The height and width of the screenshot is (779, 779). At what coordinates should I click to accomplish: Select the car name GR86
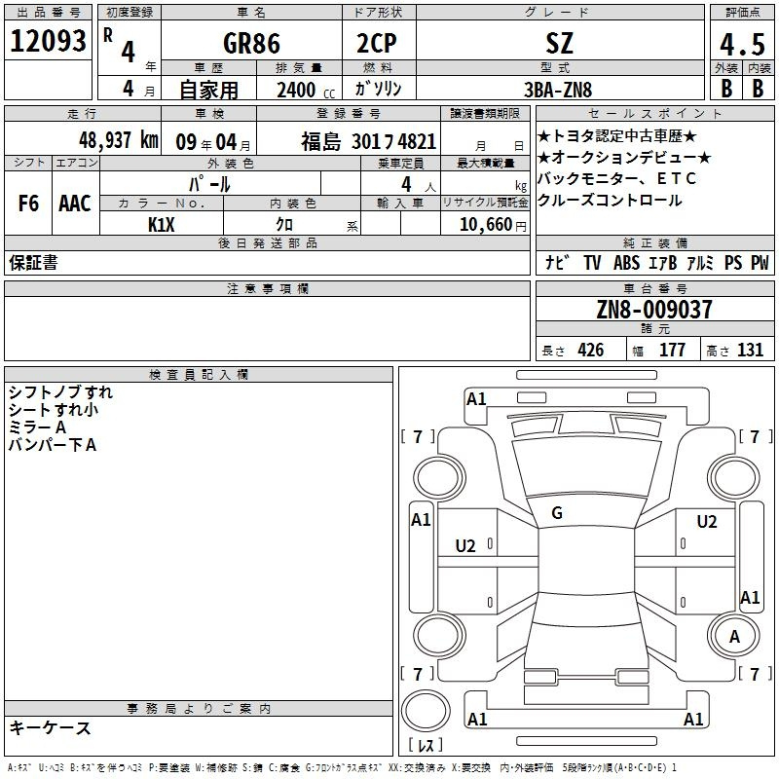pos(250,43)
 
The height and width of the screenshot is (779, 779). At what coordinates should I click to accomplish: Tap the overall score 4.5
pos(740,45)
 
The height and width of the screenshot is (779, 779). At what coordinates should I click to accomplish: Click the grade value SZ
pos(560,43)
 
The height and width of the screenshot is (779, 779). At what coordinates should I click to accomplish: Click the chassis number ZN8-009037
pos(653,310)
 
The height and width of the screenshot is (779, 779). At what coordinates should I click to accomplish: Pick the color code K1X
pos(162,223)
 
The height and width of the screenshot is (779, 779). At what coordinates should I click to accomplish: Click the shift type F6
pos(29,204)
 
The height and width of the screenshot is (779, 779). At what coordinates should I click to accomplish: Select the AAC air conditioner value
pos(74,204)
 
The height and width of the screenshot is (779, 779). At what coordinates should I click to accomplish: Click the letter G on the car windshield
pos(557,513)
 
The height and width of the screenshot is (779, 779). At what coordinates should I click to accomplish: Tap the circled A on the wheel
pos(735,636)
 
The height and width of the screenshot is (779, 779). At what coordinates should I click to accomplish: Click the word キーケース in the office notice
pos(50,727)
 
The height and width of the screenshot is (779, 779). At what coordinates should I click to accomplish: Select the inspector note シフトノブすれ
pos(60,392)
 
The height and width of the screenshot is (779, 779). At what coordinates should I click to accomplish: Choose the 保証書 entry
pos(33,263)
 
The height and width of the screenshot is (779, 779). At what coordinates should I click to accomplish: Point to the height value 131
pos(750,351)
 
